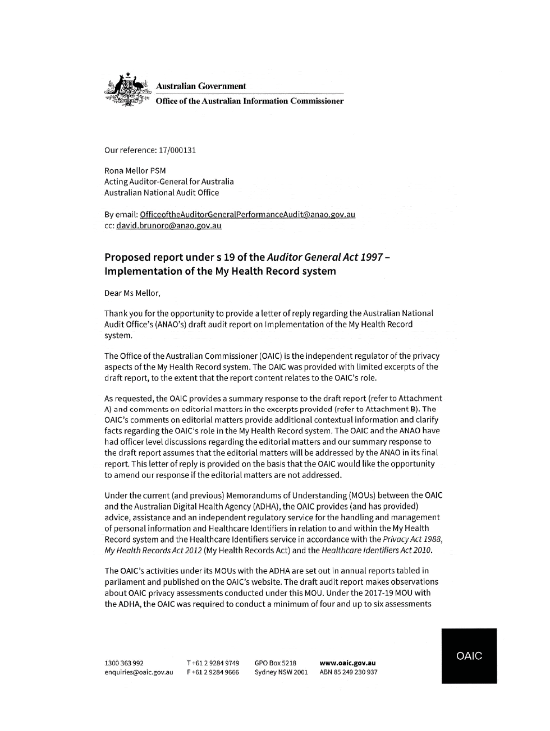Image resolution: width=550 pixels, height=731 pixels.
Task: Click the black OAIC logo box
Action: tap(469, 655)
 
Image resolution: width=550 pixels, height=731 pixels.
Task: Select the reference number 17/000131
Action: tap(177, 150)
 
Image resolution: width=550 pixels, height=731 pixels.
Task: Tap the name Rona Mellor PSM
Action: tap(135, 170)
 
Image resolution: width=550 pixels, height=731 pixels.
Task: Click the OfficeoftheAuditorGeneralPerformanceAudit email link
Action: tap(247, 214)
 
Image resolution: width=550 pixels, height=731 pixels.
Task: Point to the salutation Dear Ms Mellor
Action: tap(132, 293)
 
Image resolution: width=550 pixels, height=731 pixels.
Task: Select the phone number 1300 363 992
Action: tap(124, 663)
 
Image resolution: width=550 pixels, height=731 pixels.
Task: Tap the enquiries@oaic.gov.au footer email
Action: tap(139, 672)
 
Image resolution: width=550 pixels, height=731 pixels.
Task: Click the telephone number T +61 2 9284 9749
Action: tap(213, 663)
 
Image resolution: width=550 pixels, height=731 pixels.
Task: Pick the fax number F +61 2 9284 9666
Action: tap(213, 672)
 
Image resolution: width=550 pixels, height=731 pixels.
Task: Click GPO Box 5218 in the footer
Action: tap(275, 663)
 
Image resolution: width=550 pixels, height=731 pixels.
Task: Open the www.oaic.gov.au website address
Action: tap(347, 663)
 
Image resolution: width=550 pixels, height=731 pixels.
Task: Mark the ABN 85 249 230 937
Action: tap(348, 672)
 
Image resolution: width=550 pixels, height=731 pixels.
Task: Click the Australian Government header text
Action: tap(200, 86)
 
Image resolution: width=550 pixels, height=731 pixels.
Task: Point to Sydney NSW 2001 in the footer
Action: tap(281, 672)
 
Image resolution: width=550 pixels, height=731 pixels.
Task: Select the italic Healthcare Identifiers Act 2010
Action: tap(377, 550)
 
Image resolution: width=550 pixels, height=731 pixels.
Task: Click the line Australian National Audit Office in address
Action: tap(162, 192)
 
